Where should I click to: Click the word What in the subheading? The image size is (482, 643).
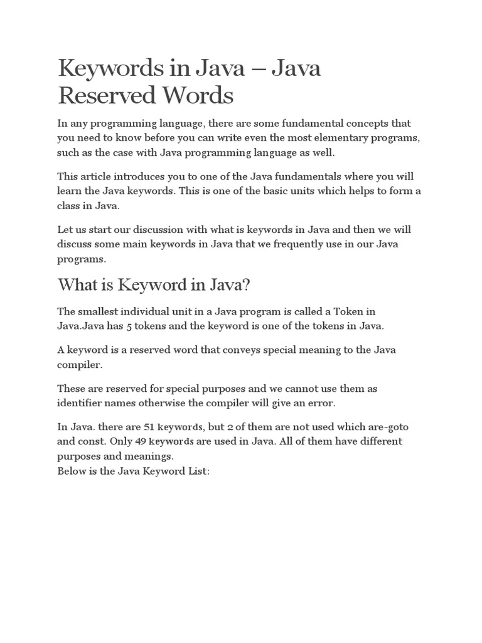tap(78, 284)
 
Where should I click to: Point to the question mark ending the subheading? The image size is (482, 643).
tap(246, 284)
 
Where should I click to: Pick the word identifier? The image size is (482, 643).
tap(82, 403)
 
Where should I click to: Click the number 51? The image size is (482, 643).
tap(143, 427)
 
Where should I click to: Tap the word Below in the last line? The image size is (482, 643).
tap(71, 469)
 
